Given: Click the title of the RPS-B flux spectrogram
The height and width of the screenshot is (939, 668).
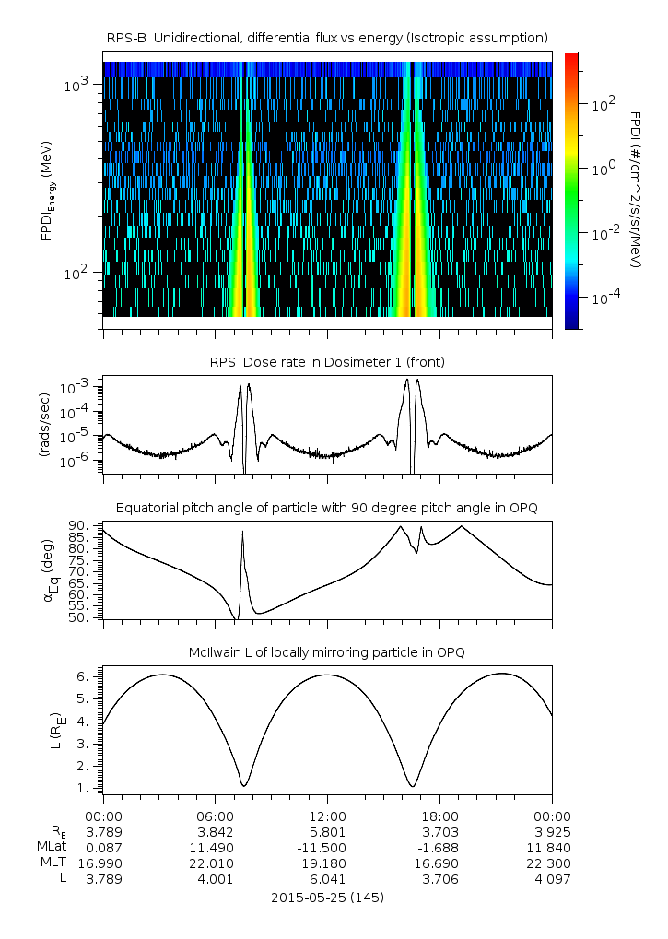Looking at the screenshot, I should coord(327,37).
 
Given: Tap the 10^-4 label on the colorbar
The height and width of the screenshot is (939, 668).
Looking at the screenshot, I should coord(604,298).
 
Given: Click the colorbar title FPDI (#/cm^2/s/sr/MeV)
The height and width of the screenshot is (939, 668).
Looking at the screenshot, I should coord(637,190).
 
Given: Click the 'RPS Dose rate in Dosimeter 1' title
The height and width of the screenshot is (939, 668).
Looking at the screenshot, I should coord(327,362).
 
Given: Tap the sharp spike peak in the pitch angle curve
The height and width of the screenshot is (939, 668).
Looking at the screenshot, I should coord(242,532).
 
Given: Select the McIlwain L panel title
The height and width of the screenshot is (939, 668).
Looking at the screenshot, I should coord(327,652).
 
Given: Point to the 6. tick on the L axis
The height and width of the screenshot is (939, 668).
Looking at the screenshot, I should coord(85,676).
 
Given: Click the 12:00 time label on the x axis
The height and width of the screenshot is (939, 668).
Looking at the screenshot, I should coord(327,816).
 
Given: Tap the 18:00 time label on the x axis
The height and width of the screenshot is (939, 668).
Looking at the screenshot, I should coord(439,816).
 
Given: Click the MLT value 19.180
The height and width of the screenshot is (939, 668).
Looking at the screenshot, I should coord(327,863).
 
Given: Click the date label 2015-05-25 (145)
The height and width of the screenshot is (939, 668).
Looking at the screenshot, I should coord(327,897).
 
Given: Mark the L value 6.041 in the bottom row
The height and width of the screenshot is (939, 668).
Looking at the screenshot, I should coord(327,879).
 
